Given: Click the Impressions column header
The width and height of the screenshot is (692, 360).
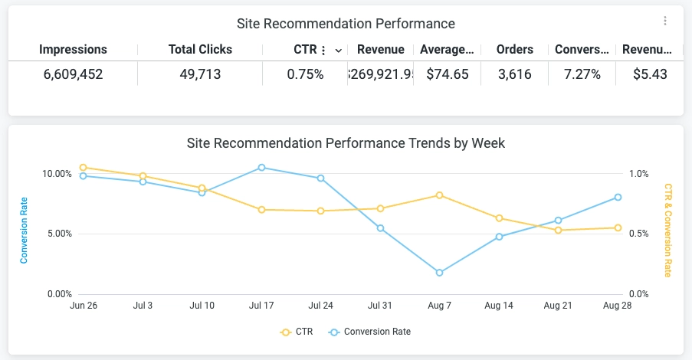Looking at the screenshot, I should point(73,50).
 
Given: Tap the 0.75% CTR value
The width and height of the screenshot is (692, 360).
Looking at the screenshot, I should point(305,74).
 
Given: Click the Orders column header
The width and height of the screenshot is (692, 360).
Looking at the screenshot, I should point(514,50).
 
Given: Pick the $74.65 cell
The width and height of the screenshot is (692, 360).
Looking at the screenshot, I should point(447,74).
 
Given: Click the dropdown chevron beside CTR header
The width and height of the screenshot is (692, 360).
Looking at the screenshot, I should point(338,51).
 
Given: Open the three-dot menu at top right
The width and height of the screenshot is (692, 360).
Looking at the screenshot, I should point(665,21).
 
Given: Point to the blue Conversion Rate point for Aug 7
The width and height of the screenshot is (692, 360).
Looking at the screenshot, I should point(439,273).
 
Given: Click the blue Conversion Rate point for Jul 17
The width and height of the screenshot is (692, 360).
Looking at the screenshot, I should point(261,167).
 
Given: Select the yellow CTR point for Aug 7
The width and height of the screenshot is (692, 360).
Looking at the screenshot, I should point(439,195).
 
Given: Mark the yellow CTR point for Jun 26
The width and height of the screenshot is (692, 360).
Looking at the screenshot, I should point(84,167).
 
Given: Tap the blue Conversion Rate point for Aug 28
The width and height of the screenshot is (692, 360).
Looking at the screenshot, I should point(618,197).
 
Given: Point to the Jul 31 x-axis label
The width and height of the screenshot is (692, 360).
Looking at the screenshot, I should point(379,306).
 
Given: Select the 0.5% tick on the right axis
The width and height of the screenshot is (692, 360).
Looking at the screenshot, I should point(639,234).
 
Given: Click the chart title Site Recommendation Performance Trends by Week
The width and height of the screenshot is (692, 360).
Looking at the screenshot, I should point(346,143).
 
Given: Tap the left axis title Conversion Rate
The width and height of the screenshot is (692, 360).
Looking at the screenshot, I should point(25,231).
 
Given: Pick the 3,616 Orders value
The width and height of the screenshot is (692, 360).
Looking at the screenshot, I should point(514,74).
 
